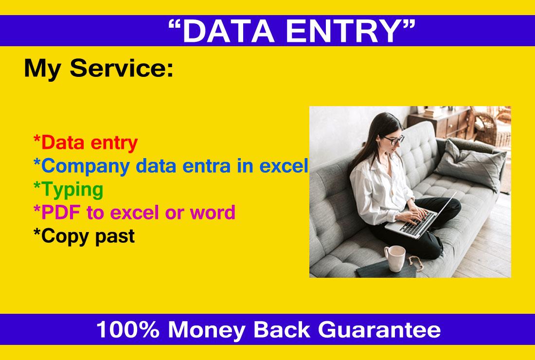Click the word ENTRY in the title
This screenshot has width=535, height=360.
coord(344,31)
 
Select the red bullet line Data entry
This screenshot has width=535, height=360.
coord(86,143)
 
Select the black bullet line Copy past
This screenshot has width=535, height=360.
coord(84,236)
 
